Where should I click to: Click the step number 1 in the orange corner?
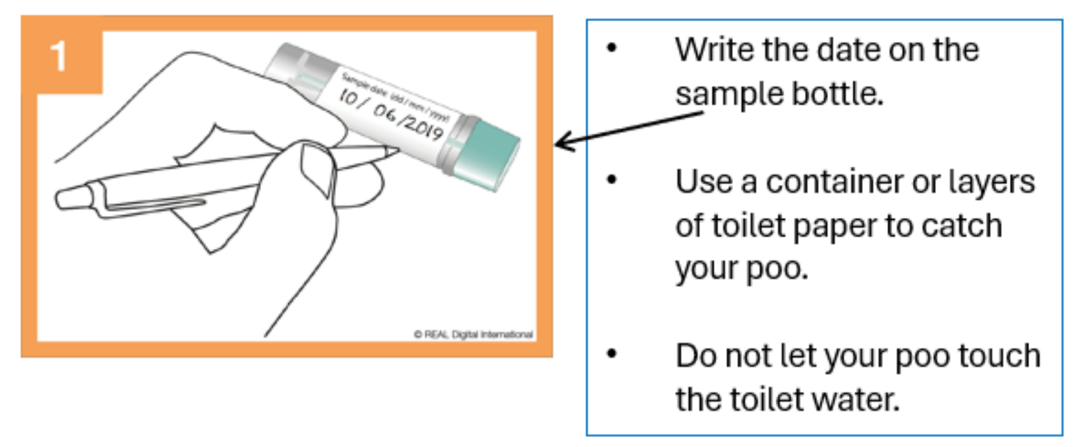click(58, 56)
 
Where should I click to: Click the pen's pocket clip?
click(154, 203)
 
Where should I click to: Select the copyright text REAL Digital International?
click(473, 334)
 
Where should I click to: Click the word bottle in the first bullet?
click(838, 94)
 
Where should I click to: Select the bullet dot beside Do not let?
click(612, 354)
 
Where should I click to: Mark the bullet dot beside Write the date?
click(612, 48)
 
